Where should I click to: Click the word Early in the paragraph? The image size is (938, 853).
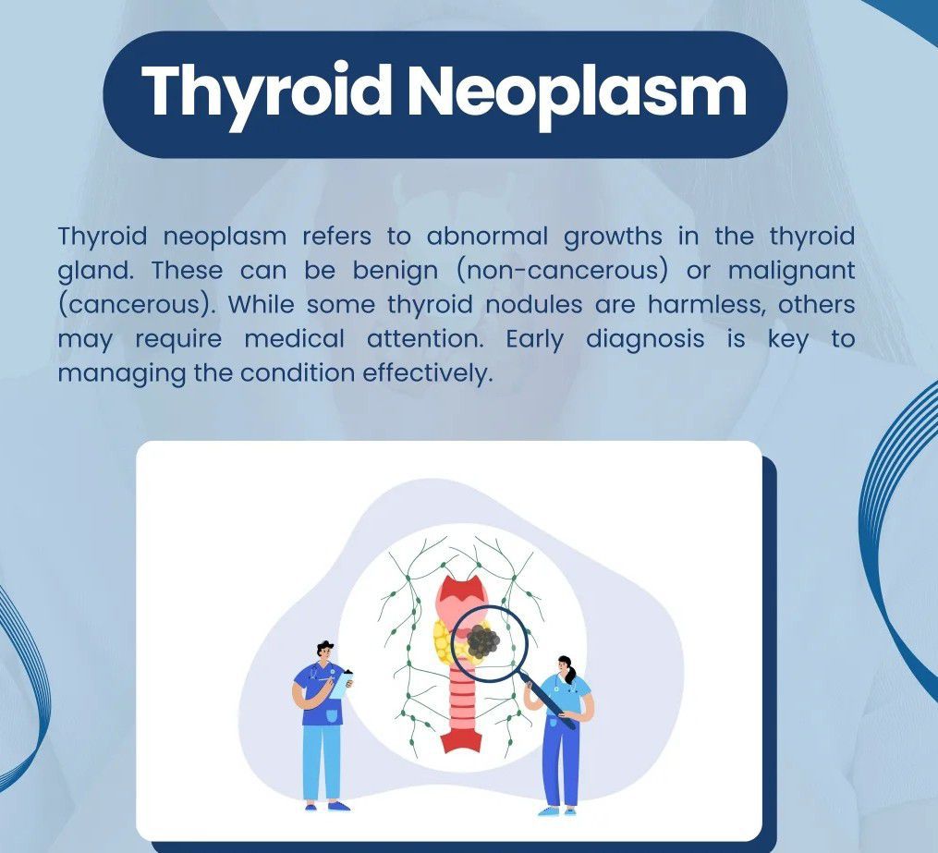point(535,340)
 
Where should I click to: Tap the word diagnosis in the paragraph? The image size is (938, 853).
point(645,340)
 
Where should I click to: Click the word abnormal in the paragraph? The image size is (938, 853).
point(487,237)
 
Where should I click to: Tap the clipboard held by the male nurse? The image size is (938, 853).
point(341,683)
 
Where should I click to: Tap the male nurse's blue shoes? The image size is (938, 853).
point(327,807)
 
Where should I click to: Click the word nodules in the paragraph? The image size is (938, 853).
point(533,305)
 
